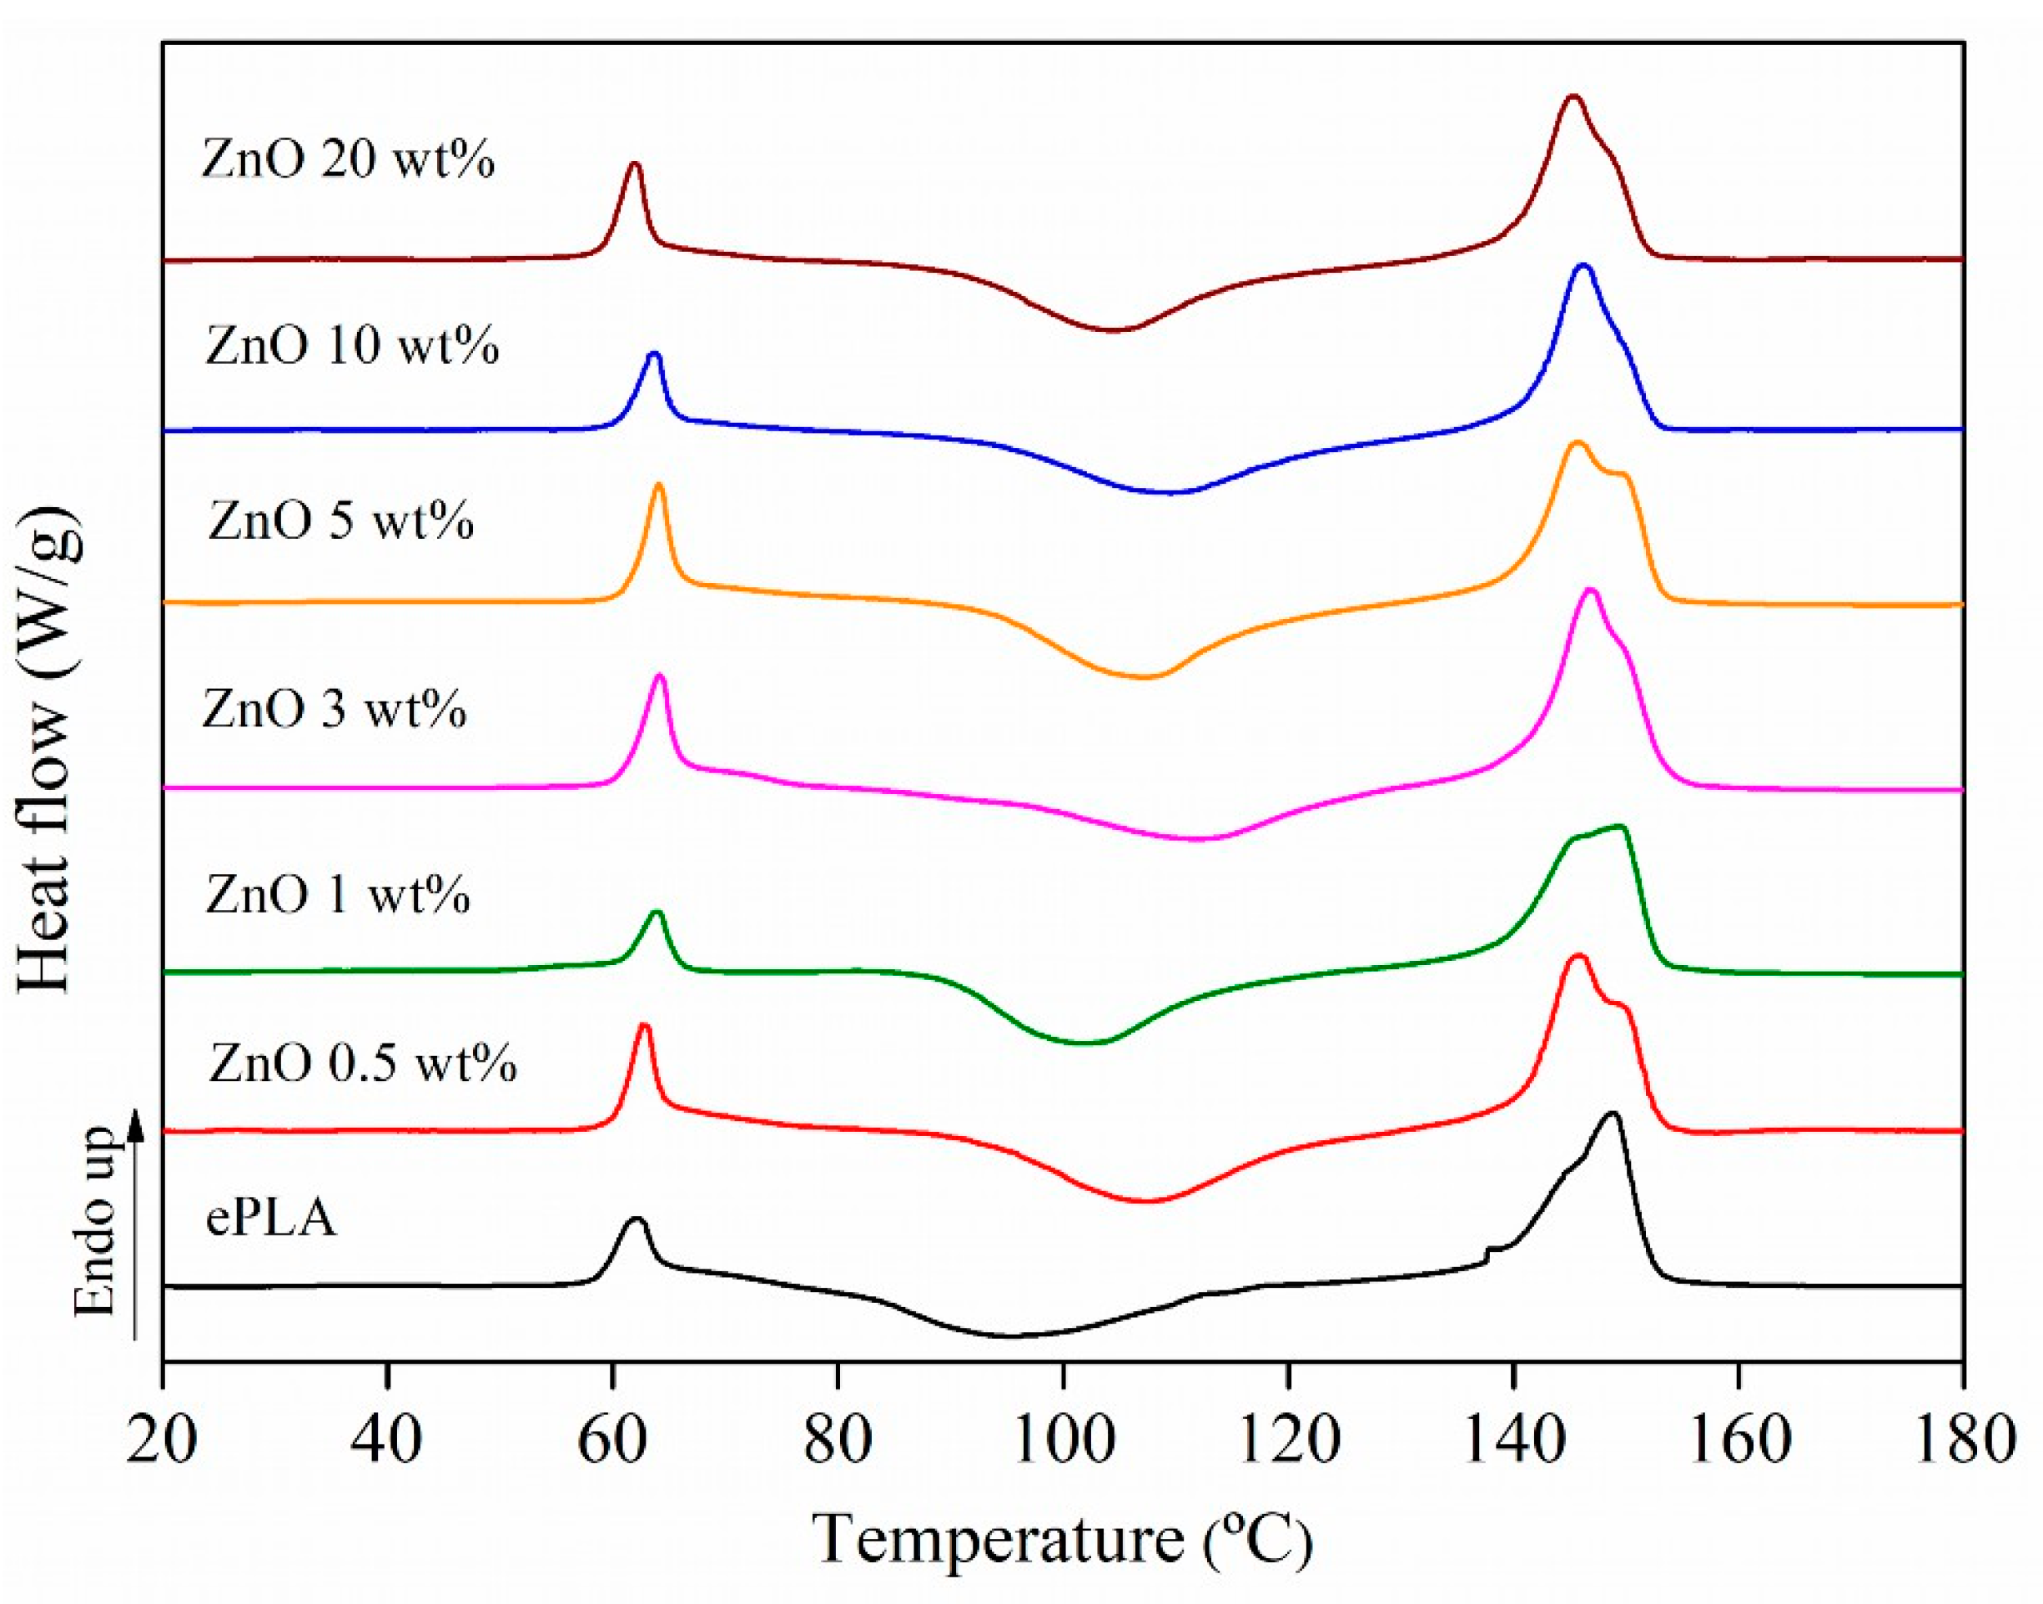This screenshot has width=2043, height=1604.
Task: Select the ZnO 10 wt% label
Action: point(351,345)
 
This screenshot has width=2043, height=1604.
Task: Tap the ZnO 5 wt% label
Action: point(340,520)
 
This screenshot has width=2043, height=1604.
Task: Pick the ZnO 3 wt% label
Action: point(334,708)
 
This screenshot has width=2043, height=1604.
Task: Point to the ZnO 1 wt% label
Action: point(337,894)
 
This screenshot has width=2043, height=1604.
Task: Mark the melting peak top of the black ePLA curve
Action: point(1613,1114)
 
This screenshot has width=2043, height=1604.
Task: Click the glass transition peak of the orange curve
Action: point(658,485)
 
